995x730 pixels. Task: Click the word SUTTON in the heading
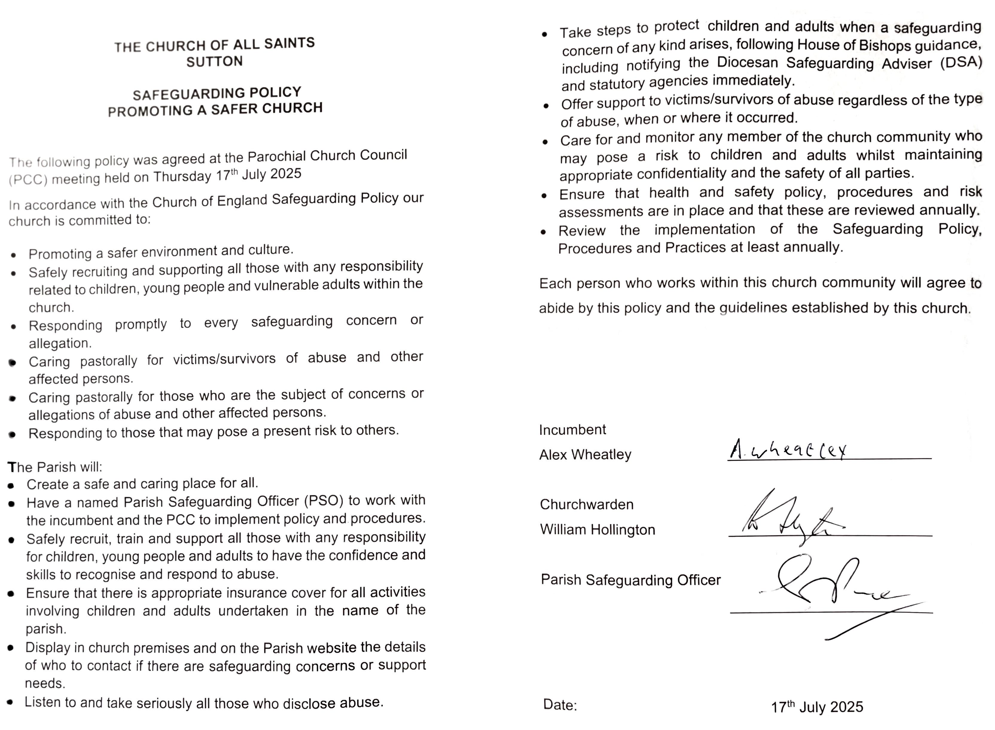(214, 61)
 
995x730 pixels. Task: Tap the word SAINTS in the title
(289, 43)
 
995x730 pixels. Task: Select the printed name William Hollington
(597, 529)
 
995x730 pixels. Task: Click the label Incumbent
(572, 430)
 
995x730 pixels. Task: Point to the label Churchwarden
(586, 505)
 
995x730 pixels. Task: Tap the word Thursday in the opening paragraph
(182, 177)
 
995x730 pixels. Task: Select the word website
(332, 648)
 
